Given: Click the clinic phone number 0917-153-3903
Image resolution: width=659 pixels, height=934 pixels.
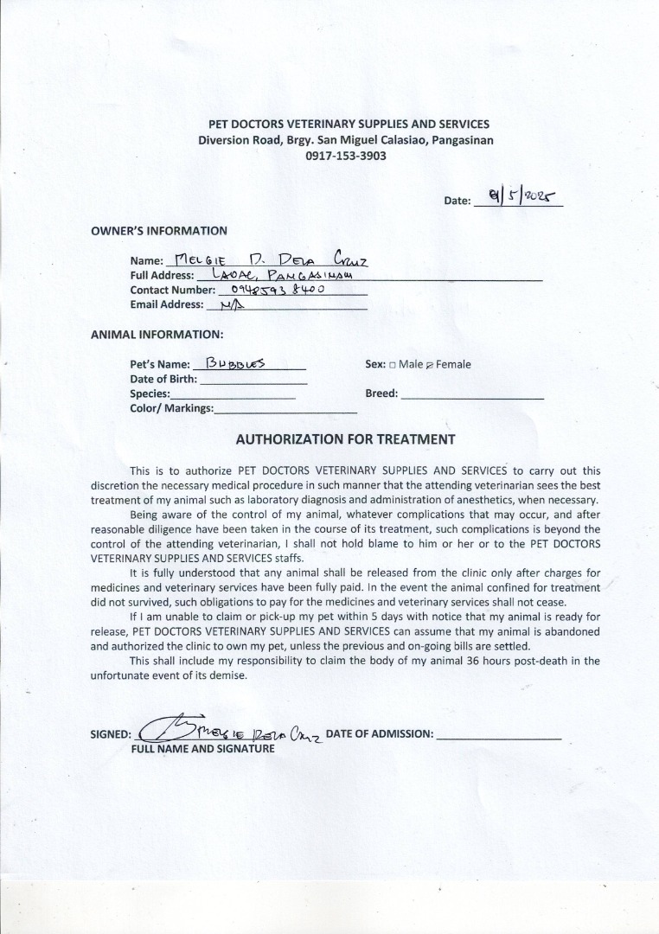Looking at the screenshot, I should (346, 157).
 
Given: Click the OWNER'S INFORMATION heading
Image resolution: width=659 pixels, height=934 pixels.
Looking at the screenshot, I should (159, 231).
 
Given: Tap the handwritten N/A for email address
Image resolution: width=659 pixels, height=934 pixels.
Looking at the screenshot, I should (232, 304).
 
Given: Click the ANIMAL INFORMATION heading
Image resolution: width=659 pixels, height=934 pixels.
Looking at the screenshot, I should (157, 334).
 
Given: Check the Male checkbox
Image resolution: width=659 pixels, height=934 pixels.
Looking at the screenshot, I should (393, 365).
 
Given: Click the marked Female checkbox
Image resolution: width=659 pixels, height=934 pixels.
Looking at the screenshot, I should (430, 365).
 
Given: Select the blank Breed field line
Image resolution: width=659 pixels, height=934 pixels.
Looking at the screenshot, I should (472, 396).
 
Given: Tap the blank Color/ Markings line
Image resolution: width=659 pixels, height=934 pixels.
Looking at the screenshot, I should (285, 411).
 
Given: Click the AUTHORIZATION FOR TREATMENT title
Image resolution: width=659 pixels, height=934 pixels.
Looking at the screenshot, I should (346, 439).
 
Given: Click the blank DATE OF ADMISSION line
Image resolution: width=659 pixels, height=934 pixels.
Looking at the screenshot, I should (499, 738).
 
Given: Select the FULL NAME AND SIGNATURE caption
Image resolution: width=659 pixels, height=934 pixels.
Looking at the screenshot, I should (202, 749).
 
